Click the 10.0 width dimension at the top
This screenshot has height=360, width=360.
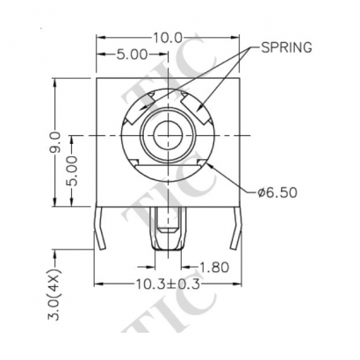167,38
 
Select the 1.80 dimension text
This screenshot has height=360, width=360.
214,266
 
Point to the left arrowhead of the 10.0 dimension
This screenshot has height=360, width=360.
99,38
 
